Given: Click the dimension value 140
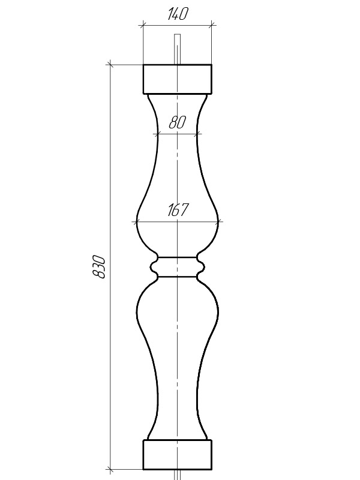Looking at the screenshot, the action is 178,14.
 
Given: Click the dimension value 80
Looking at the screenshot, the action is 177,122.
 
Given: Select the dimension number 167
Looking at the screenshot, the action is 178,209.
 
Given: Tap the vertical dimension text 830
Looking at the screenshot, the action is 99,266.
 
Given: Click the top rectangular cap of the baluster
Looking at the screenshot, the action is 178,79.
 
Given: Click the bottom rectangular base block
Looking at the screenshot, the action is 178,455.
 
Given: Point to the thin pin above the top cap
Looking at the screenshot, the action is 177,49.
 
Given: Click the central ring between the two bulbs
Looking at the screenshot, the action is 178,267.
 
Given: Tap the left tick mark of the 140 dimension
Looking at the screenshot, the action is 143,25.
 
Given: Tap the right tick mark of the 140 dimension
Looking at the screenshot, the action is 212,25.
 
